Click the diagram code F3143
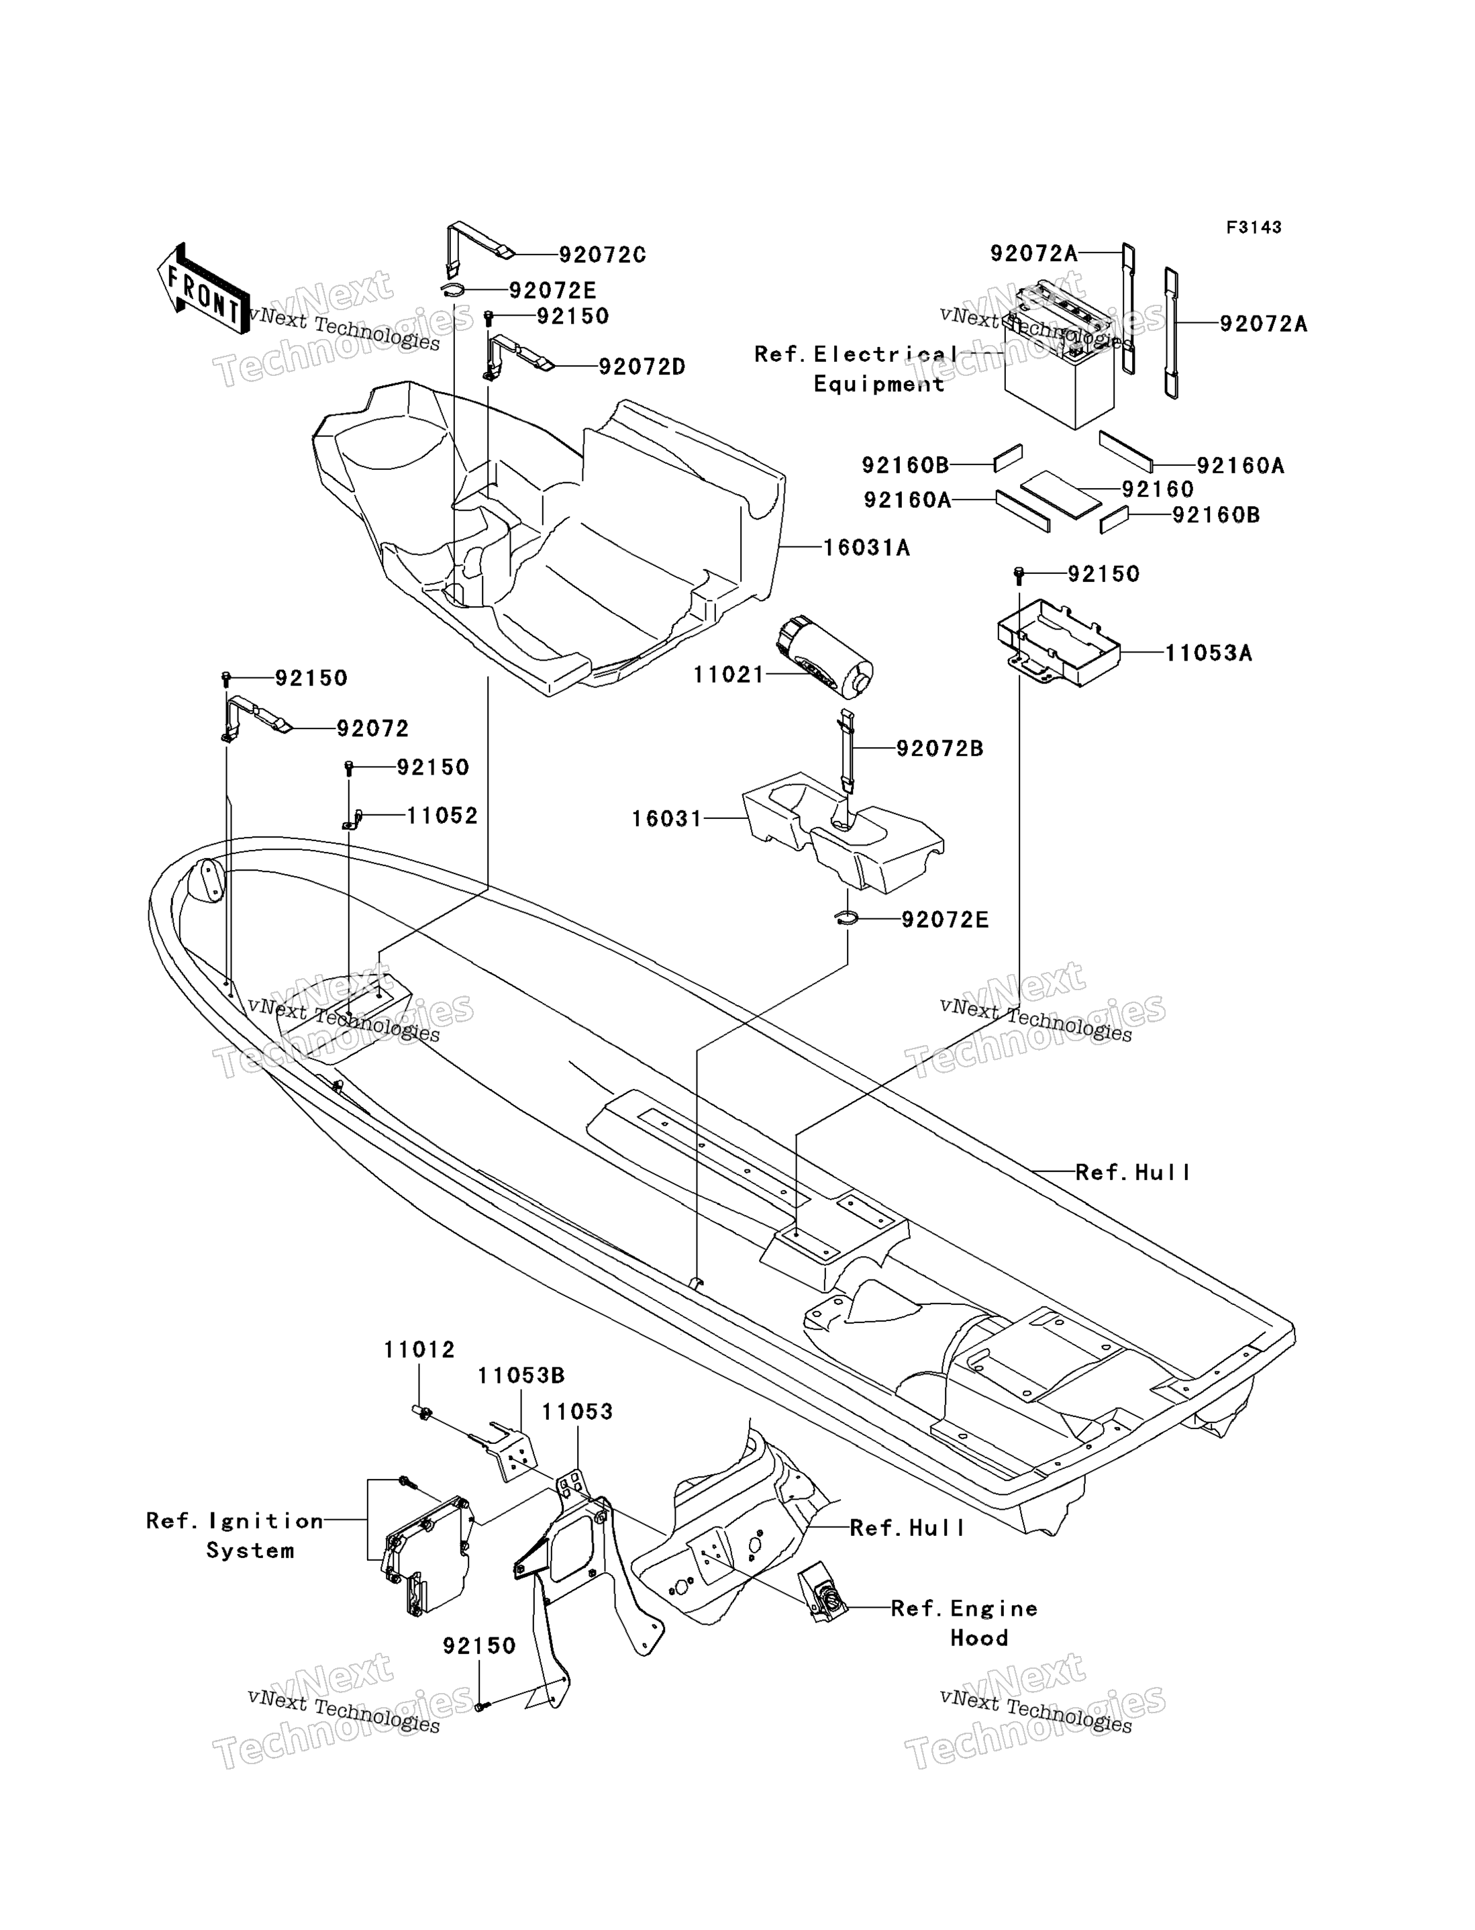(x=1254, y=228)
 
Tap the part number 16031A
(x=866, y=548)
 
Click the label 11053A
(x=1208, y=653)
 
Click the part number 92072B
(x=939, y=749)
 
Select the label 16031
(x=667, y=819)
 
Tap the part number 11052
(x=442, y=816)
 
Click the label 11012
(x=419, y=1349)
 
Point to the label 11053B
(x=521, y=1376)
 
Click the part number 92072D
(x=642, y=367)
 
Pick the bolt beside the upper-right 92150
(x=1019, y=576)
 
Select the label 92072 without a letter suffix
(x=372, y=729)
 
